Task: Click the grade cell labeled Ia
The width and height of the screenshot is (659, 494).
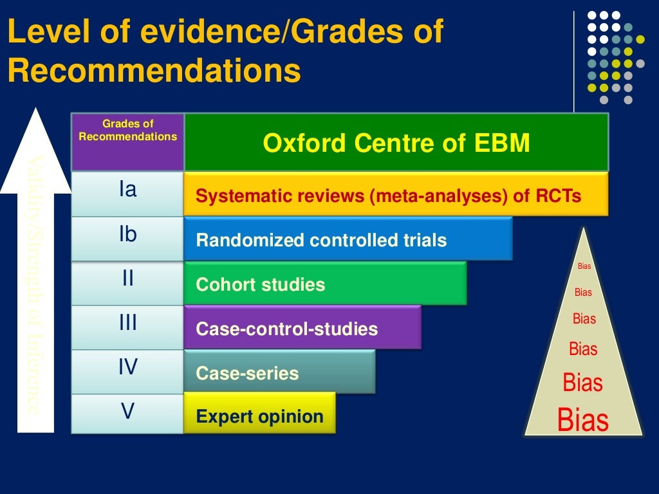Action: point(127,194)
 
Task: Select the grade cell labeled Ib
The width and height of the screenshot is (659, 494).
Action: point(127,239)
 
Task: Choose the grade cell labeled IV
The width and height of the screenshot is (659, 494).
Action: point(127,371)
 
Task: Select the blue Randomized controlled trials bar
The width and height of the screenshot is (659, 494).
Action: point(348,239)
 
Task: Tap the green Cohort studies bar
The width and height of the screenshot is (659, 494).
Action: point(325,284)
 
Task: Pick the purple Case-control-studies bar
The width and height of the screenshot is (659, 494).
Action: point(302,328)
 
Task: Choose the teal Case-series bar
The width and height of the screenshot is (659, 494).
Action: point(279,372)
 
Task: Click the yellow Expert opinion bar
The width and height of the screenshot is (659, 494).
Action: point(259,416)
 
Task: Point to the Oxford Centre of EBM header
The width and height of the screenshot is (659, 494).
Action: point(396,143)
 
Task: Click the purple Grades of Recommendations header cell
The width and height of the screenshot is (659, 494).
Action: point(127,142)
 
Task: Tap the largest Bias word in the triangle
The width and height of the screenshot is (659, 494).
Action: point(583,420)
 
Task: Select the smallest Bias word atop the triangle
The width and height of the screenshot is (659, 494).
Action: point(584,266)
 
